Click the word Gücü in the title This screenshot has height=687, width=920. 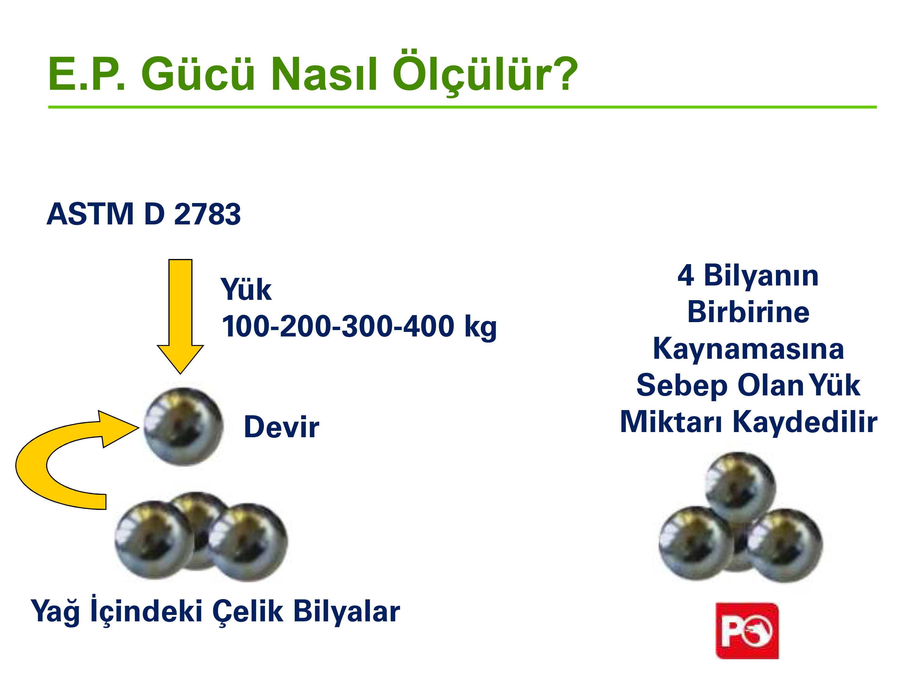click(198, 74)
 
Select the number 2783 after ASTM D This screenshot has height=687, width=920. click(207, 214)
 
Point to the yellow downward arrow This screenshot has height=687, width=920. click(180, 316)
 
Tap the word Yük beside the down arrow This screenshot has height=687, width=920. click(246, 289)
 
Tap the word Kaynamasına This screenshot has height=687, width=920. click(749, 349)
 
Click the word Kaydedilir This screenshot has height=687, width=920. click(805, 422)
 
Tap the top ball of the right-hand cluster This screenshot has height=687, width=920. click(740, 487)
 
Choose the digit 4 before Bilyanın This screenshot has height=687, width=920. click(685, 275)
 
